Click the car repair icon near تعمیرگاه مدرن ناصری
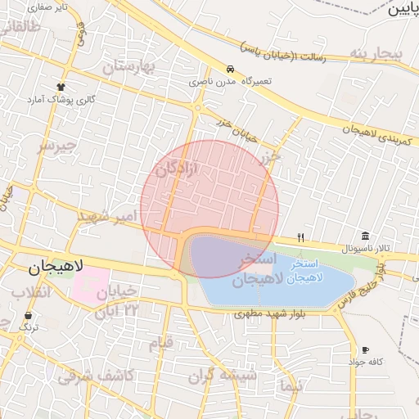coord(230,70)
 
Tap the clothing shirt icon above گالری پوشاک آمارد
coord(61,86)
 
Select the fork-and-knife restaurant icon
coord(301,237)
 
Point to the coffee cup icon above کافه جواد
coord(365,349)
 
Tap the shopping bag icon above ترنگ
coord(29,315)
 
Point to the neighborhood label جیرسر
coord(56,146)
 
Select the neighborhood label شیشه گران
coord(223,376)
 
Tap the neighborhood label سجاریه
coord(376,55)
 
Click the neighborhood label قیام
coord(160,343)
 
